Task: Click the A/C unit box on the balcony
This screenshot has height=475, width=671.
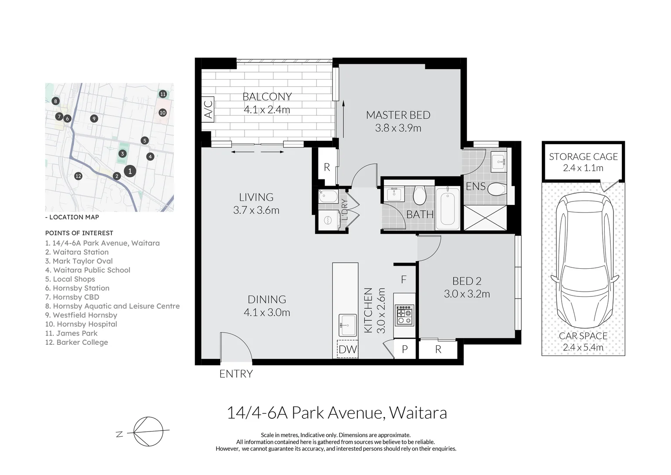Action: pos(208,109)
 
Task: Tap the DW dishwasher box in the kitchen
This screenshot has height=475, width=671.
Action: pos(347,349)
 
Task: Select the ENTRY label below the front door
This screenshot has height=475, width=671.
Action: pos(236,374)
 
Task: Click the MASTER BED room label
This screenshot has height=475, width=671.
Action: pos(398,115)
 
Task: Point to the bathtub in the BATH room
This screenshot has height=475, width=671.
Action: pos(447,208)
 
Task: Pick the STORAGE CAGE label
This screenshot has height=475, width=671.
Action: pos(583,157)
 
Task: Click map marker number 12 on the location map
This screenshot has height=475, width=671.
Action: pos(78,176)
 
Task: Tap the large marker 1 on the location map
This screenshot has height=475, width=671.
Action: pos(130,171)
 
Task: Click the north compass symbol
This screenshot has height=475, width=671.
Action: pos(148,431)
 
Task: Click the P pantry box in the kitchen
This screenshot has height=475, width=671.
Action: pos(404,349)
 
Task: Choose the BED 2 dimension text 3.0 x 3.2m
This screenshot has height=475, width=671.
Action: pos(466,294)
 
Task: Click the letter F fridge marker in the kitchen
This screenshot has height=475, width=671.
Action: pos(404,279)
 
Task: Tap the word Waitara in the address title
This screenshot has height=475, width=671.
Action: pos(418,413)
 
